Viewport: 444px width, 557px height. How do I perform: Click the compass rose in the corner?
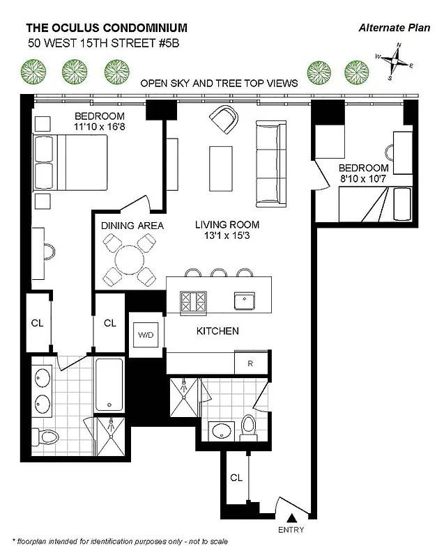(397, 62)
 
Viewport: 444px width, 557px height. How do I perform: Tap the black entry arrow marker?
(292, 517)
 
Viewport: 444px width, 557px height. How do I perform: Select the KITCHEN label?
(217, 331)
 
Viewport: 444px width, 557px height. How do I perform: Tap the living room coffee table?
(220, 168)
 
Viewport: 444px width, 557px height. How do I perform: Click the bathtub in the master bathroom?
(110, 385)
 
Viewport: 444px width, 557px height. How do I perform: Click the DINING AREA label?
(132, 226)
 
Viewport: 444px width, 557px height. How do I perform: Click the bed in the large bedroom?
(72, 162)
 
